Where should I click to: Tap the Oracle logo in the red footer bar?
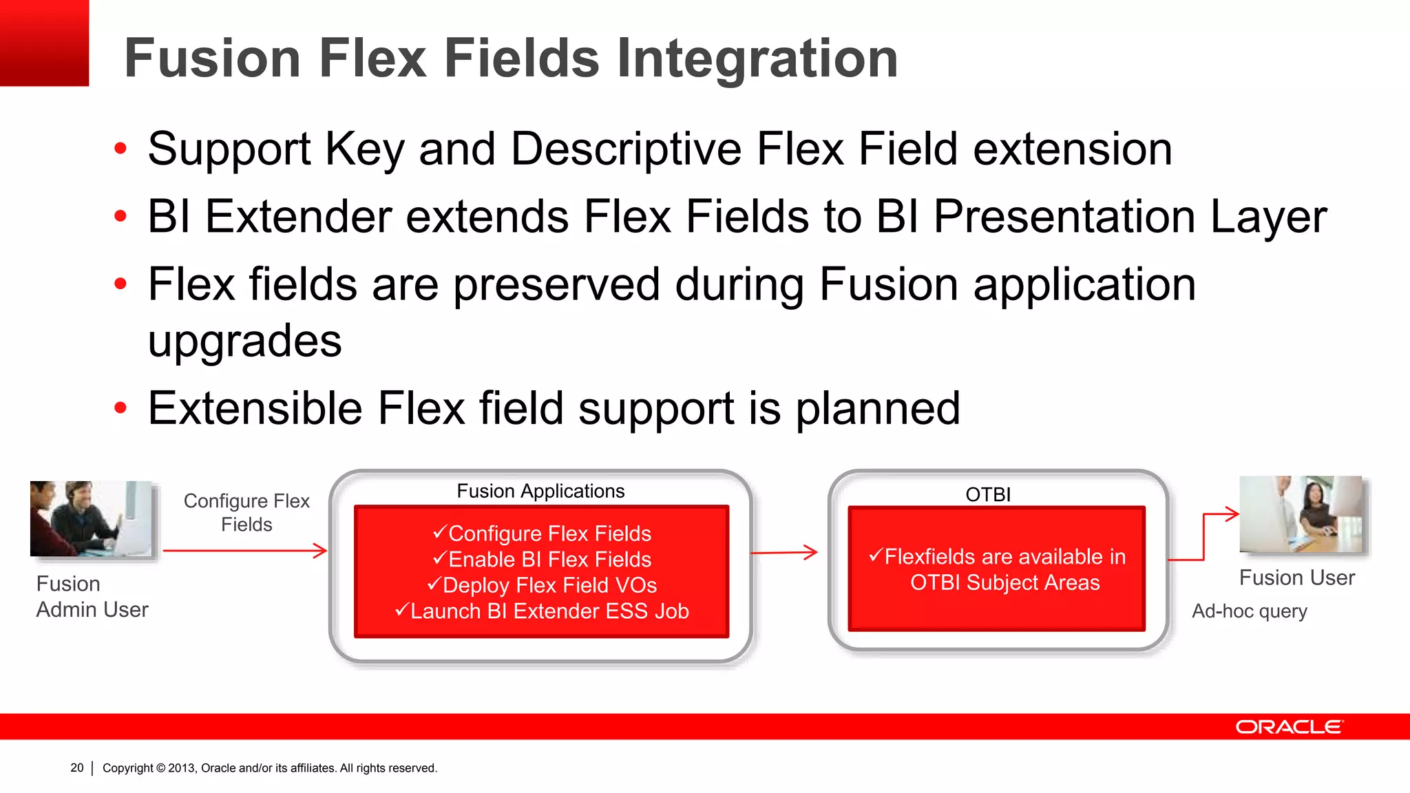coord(1288,727)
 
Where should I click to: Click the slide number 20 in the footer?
coord(76,768)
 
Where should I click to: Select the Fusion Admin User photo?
coord(92,519)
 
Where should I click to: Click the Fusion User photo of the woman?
coord(1301,514)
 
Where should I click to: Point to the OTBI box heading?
coord(988,494)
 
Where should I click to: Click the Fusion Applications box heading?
coord(540,491)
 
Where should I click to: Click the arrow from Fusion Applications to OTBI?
coord(783,552)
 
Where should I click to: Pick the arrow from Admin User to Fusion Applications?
coord(244,551)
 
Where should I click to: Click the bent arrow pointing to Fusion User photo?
coord(1204,536)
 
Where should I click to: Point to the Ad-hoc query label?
coord(1249,611)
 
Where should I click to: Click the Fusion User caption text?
coord(1296,578)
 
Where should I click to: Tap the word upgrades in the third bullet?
coord(244,341)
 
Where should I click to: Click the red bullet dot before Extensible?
coord(120,408)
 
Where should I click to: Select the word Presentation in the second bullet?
coord(1064,217)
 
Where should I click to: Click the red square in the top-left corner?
coord(44,43)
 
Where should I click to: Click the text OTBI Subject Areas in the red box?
coord(1004,583)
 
